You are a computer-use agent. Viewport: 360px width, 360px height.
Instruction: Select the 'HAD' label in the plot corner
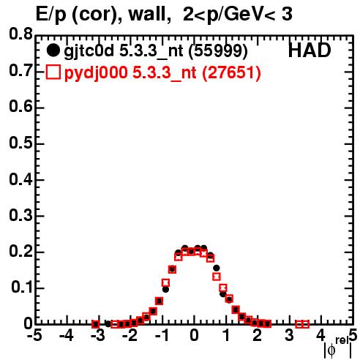click(310, 50)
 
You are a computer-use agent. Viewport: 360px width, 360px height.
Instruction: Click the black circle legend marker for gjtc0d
click(53, 50)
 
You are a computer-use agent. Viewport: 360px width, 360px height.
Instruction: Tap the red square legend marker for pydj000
click(53, 72)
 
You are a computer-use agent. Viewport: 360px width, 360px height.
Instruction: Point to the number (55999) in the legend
click(218, 51)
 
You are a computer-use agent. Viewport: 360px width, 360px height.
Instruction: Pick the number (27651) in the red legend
click(232, 72)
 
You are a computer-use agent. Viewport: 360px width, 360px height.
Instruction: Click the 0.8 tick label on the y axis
click(20, 34)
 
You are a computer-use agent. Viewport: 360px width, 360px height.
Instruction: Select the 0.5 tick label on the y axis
click(20, 143)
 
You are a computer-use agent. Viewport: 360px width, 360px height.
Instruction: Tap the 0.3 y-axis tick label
click(20, 215)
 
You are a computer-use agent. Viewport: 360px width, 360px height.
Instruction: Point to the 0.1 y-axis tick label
click(22, 288)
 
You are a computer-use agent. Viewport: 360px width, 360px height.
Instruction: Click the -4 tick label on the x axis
click(67, 336)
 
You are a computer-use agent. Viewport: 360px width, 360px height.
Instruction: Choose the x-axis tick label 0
click(194, 336)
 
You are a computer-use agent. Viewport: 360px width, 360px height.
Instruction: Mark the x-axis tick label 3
click(289, 336)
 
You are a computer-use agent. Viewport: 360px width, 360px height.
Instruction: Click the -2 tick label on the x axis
click(130, 336)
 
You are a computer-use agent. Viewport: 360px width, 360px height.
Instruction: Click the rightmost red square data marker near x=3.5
click(305, 324)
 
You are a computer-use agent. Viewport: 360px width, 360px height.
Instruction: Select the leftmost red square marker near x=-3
click(96, 324)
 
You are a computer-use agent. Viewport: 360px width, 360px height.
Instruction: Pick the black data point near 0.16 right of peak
click(217, 268)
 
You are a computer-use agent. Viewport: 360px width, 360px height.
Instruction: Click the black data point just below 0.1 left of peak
click(165, 290)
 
